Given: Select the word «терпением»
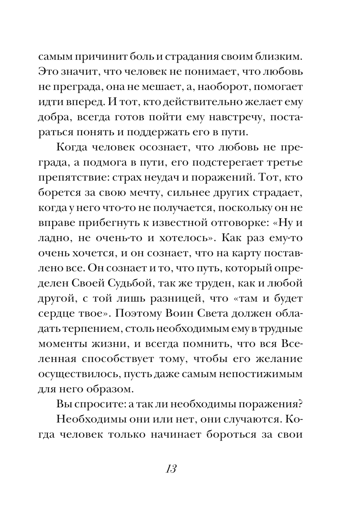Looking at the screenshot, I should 93,329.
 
